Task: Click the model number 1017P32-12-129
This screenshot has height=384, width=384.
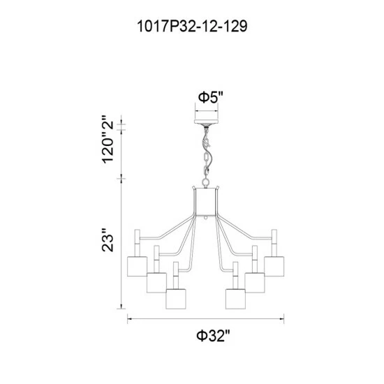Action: (192, 27)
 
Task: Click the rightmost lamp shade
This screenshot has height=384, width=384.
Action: (275, 266)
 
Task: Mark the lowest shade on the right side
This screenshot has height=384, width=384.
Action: (237, 297)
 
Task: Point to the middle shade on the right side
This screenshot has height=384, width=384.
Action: (256, 282)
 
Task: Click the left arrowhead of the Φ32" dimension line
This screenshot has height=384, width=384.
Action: (128, 320)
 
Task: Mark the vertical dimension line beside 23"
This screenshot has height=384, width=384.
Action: (124, 241)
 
